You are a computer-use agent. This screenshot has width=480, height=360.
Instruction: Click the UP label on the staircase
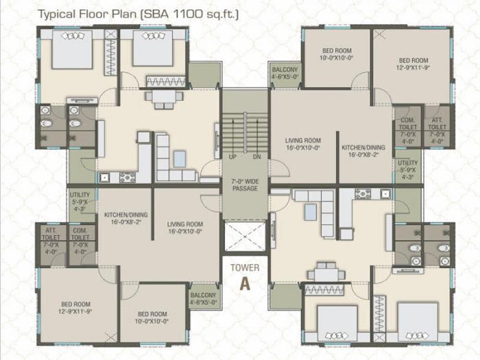(233, 157)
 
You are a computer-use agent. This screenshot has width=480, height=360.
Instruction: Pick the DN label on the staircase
(256, 157)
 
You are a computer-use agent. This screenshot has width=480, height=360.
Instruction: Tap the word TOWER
(245, 267)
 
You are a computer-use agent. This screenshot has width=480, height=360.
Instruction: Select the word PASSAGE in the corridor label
(245, 188)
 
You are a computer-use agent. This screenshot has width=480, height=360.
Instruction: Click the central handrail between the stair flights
(245, 130)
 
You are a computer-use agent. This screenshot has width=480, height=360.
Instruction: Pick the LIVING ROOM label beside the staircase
(303, 144)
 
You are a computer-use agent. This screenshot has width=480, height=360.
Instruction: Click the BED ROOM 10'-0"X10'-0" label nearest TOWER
(153, 317)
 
